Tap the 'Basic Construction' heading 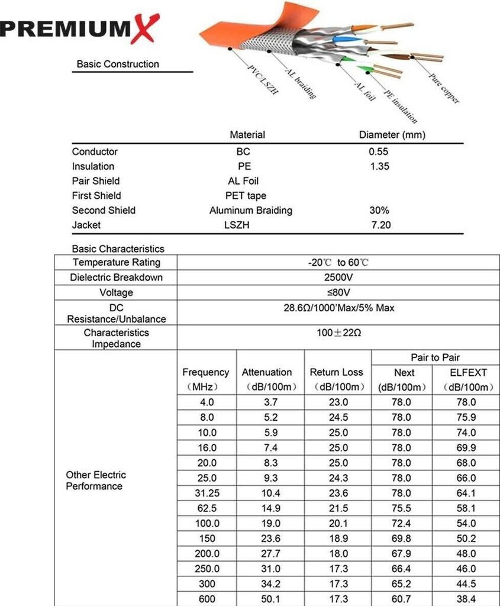pos(118,64)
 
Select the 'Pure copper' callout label pos(443,89)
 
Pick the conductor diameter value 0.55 pos(379,151)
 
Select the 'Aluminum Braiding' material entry pos(250,210)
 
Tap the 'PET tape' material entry pos(246,195)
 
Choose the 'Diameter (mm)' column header pos(392,135)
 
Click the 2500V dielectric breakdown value pos(338,277)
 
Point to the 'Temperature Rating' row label pos(116,262)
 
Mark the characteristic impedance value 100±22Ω pos(338,333)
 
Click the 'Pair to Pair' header pos(435,357)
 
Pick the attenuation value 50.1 pos(270,599)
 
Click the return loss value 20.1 pos(338,523)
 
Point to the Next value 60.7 pos(402,599)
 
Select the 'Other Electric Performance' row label pos(95,481)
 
